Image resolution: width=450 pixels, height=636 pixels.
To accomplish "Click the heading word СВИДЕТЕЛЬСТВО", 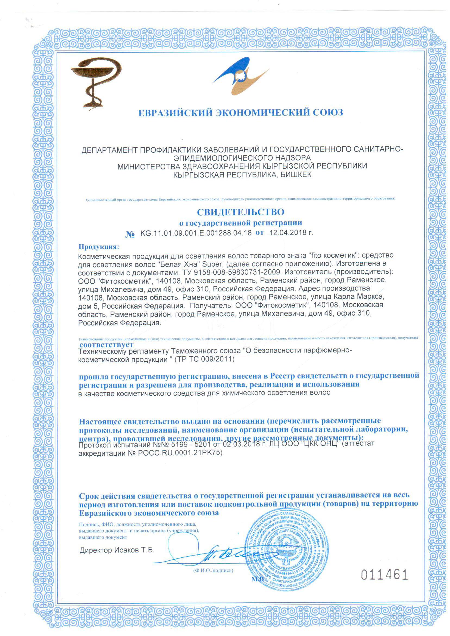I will [240, 212].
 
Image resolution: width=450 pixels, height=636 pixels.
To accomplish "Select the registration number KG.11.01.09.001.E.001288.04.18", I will [196, 233].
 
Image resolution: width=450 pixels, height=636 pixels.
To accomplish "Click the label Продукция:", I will [99, 246].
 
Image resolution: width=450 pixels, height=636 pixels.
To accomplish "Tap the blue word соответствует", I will [107, 345].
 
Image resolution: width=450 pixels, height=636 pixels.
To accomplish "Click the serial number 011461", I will [385, 575].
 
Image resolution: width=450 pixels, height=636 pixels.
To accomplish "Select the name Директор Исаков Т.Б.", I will [117, 550].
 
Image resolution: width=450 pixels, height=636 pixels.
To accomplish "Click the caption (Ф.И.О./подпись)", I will [213, 570].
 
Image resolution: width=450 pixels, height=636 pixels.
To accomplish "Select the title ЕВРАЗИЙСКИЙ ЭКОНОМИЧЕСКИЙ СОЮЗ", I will [240, 112].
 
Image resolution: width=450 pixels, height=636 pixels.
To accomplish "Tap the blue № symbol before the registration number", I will [130, 234].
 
